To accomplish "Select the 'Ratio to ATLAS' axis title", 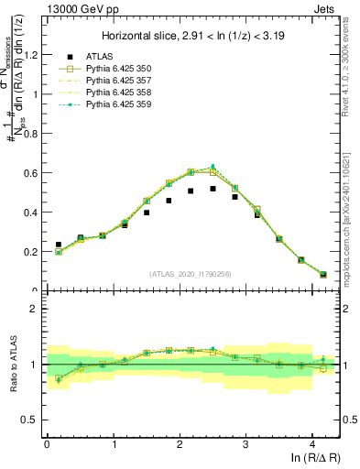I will pyautogui.click(x=12, y=365).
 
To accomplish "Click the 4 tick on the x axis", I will pyautogui.click(x=312, y=442).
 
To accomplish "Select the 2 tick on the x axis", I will pyautogui.click(x=180, y=442).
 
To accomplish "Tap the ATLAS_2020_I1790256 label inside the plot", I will pyautogui.click(x=191, y=274).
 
